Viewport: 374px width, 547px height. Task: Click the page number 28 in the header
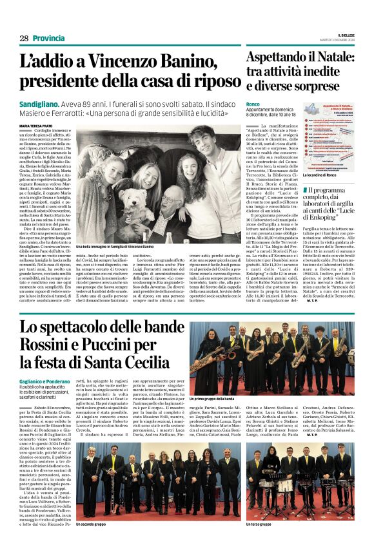point(24,39)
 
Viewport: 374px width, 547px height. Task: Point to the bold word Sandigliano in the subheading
point(40,103)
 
